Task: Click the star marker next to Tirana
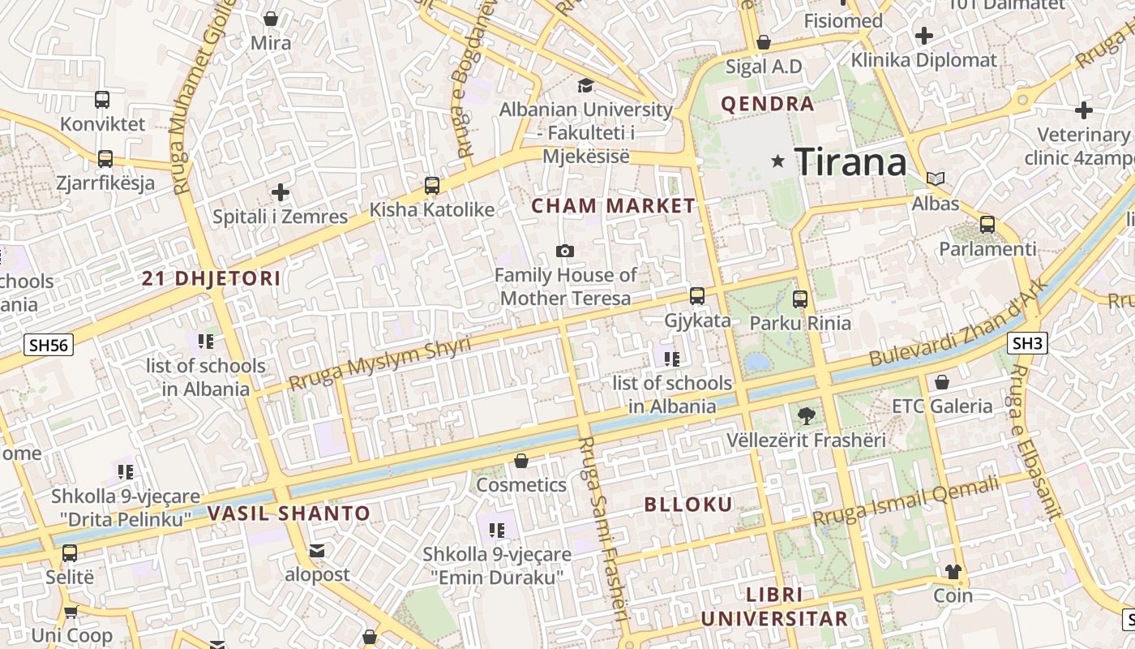pyautogui.click(x=778, y=161)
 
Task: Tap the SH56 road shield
pyautogui.click(x=48, y=345)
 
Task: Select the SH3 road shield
pyautogui.click(x=1027, y=343)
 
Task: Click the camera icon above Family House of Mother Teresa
pyautogui.click(x=565, y=251)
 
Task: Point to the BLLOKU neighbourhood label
pyautogui.click(x=688, y=505)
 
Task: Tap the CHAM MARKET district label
pyautogui.click(x=614, y=206)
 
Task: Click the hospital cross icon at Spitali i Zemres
pyautogui.click(x=281, y=192)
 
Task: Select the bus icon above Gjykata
pyautogui.click(x=697, y=296)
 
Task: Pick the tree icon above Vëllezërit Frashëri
pyautogui.click(x=806, y=417)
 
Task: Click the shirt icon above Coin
pyautogui.click(x=953, y=572)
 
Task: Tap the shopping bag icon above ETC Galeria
pyautogui.click(x=942, y=382)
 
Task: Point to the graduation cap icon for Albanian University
pyautogui.click(x=585, y=85)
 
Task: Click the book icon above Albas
pyautogui.click(x=936, y=178)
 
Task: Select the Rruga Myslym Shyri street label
pyautogui.click(x=379, y=363)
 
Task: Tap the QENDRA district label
pyautogui.click(x=767, y=104)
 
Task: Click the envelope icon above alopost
pyautogui.click(x=317, y=551)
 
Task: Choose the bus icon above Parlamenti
pyautogui.click(x=987, y=225)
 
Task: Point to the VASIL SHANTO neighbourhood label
pyautogui.click(x=289, y=514)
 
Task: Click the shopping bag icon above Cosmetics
pyautogui.click(x=520, y=462)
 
